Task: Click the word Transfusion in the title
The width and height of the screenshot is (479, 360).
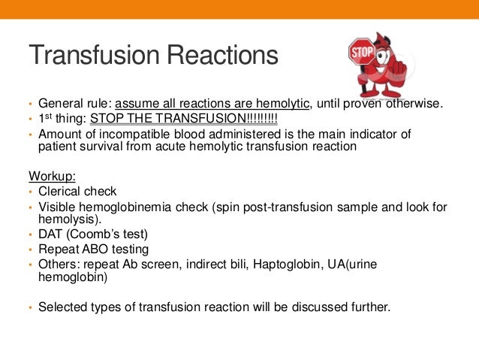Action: (91, 56)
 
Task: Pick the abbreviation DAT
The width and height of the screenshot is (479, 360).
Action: (51, 234)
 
